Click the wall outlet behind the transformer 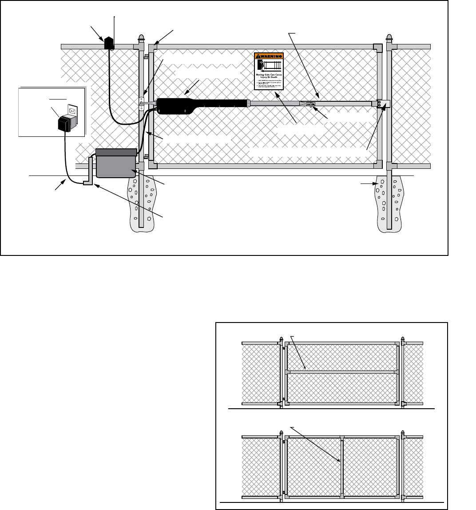point(72,111)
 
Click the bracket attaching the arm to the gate point(383,104)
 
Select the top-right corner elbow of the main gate point(377,47)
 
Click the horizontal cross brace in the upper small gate point(342,371)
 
